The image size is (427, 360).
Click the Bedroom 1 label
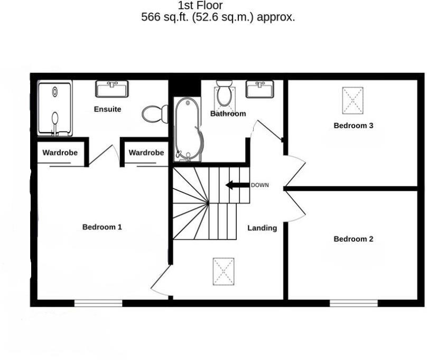pyautogui.click(x=102, y=227)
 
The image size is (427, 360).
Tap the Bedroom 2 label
pyautogui.click(x=353, y=239)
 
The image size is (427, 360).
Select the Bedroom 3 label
pyautogui.click(x=353, y=126)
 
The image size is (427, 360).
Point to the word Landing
pyautogui.click(x=262, y=228)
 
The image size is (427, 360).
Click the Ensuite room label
pyautogui.click(x=107, y=109)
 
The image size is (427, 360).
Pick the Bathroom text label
pyautogui.click(x=228, y=113)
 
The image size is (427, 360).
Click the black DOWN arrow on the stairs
pyautogui.click(x=237, y=185)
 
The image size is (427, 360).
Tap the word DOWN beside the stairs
pyautogui.click(x=260, y=185)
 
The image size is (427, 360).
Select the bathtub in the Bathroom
pyautogui.click(x=188, y=129)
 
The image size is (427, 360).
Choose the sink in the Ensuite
pyautogui.click(x=112, y=88)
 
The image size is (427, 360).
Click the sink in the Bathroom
pyautogui.click(x=259, y=89)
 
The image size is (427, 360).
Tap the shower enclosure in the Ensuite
pyautogui.click(x=54, y=107)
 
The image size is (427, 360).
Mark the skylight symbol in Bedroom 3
pyautogui.click(x=354, y=100)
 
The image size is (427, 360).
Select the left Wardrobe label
pyautogui.click(x=60, y=153)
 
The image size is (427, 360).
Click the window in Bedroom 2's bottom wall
pyautogui.click(x=354, y=303)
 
